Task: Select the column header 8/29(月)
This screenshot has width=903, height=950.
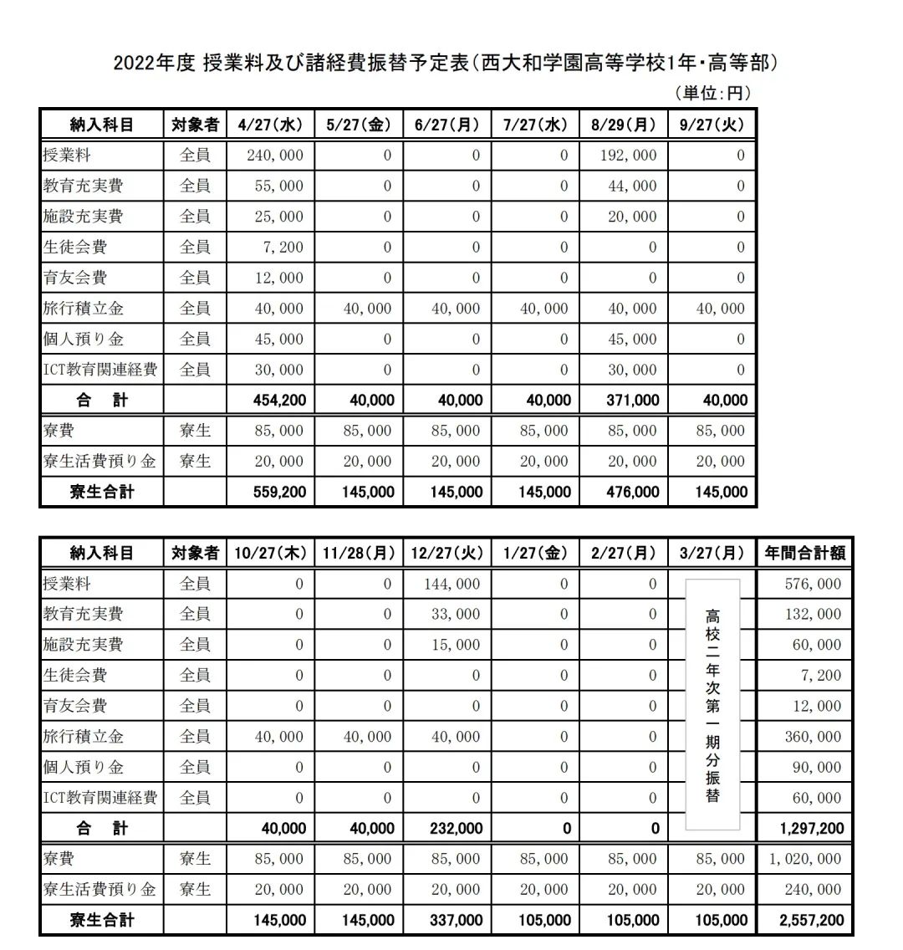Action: click(x=624, y=125)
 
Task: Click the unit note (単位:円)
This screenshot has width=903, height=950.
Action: click(x=712, y=93)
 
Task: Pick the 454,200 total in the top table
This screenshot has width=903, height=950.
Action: click(x=279, y=401)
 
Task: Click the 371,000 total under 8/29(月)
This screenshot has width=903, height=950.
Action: click(x=632, y=401)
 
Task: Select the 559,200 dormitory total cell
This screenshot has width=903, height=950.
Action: click(x=279, y=492)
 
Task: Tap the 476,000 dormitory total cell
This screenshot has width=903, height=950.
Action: click(x=632, y=492)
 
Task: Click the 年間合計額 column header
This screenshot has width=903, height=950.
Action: click(x=804, y=553)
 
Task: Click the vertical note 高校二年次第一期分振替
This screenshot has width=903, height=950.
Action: click(x=712, y=704)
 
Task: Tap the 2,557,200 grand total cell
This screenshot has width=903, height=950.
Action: click(x=811, y=921)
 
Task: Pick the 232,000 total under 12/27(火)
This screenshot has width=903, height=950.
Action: click(x=455, y=829)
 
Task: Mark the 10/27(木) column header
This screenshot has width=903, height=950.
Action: click(x=270, y=553)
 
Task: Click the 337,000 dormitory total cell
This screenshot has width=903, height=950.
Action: click(x=455, y=921)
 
